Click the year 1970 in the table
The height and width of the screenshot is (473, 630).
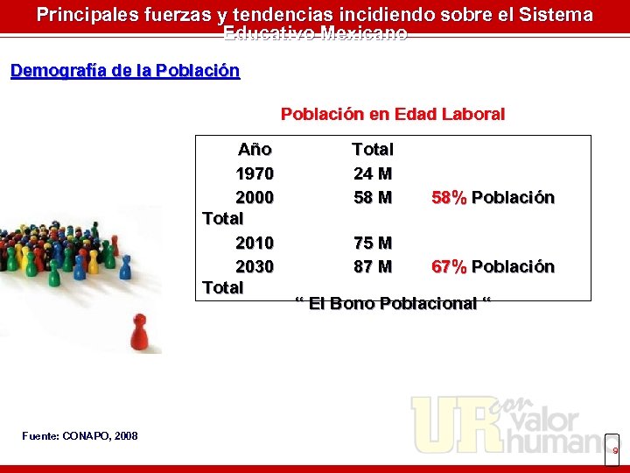(x=254, y=173)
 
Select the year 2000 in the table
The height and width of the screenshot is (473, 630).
(x=254, y=197)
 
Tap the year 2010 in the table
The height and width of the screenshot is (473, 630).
(x=254, y=242)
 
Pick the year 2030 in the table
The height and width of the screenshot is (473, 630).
(x=254, y=265)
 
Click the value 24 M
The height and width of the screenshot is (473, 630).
(x=373, y=173)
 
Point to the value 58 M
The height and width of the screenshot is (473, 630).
(x=373, y=197)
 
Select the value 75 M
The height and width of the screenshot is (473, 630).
(x=373, y=242)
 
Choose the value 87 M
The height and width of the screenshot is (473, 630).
(x=373, y=265)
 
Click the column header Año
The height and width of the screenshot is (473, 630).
(x=255, y=150)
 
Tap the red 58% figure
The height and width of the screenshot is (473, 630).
(x=449, y=197)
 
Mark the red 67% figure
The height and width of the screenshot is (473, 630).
(x=449, y=266)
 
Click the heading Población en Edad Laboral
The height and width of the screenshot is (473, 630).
(x=392, y=114)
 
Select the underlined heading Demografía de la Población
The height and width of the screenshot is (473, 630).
(x=125, y=71)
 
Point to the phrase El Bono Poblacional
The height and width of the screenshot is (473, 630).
(x=393, y=303)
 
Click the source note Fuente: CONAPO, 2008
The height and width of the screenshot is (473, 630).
(x=80, y=435)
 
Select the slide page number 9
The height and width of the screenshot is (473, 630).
(x=614, y=450)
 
